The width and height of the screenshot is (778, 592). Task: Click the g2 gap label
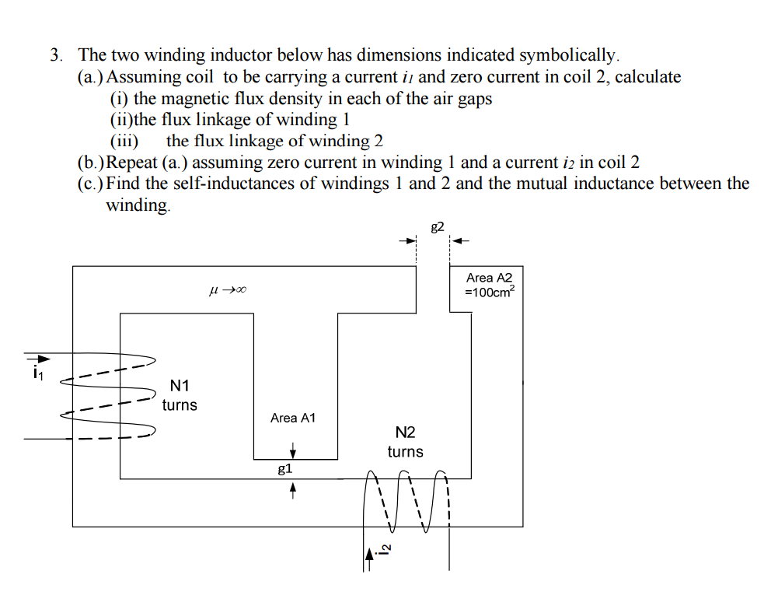click(x=437, y=226)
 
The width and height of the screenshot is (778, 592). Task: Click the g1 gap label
click(x=285, y=468)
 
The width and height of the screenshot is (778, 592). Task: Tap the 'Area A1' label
click(x=293, y=418)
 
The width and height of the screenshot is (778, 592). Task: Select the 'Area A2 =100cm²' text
click(x=490, y=285)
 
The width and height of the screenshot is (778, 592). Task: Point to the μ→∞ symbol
click(x=228, y=291)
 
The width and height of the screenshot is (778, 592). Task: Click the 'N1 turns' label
click(x=180, y=395)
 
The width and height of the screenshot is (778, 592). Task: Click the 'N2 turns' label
click(x=405, y=442)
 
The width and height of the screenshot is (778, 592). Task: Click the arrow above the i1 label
click(x=39, y=359)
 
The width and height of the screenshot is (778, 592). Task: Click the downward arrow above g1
click(x=293, y=450)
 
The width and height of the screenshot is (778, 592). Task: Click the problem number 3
click(x=55, y=55)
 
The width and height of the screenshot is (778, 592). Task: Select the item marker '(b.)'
click(x=91, y=163)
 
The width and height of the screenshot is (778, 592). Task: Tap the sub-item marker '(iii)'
click(x=124, y=142)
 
